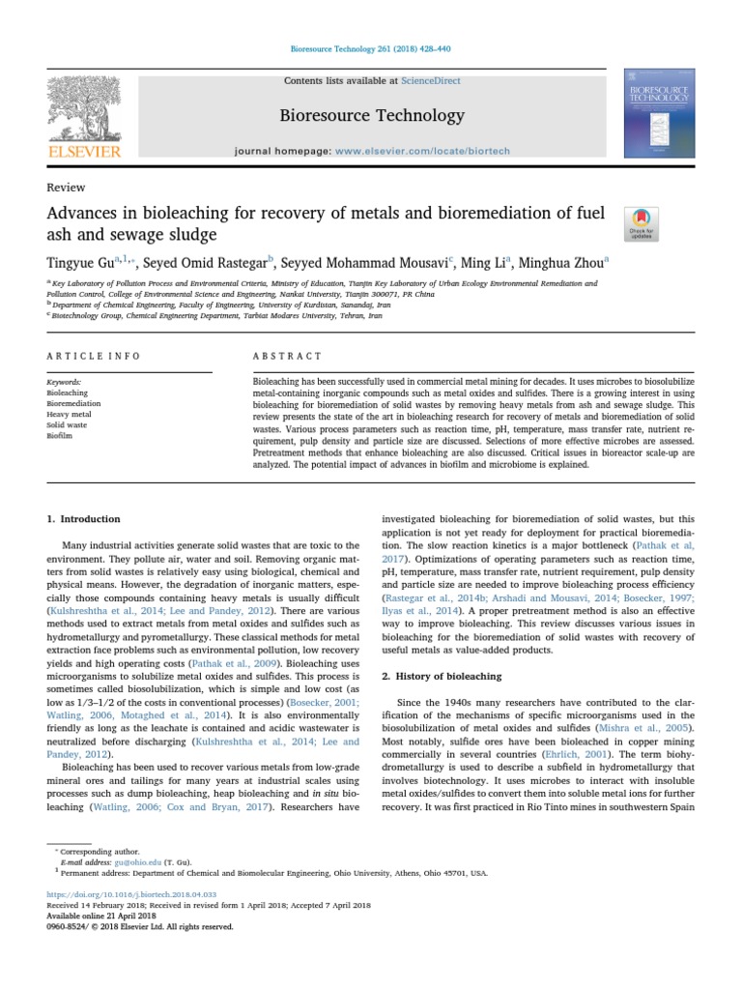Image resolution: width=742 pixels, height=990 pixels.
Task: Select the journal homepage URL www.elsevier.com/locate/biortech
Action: pos(415,152)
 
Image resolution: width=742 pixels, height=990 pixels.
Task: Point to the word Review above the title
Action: pos(66,188)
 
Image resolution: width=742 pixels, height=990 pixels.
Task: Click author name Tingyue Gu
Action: pos(79,261)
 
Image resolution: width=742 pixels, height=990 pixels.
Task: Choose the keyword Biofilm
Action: pos(60,436)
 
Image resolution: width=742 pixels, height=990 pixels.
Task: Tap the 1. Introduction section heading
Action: pos(84,519)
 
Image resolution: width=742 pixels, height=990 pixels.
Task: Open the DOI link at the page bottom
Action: pos(131,895)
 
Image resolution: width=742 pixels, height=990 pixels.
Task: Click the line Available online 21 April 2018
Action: pos(103,916)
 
